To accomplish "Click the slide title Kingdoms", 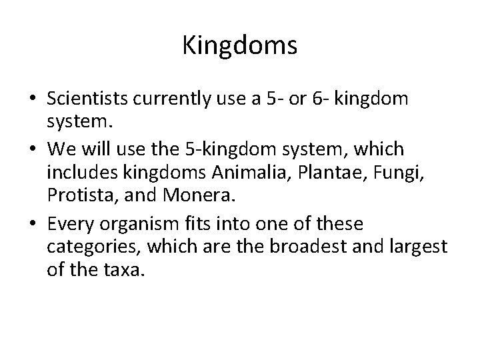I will [x=239, y=47].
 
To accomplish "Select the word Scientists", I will [x=89, y=100].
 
